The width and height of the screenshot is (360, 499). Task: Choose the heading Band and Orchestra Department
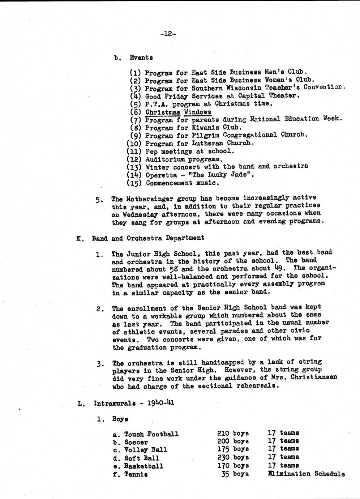pos(147,238)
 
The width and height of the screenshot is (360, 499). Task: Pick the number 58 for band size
pos(173,269)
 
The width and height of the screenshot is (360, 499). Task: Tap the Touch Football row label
pos(151,434)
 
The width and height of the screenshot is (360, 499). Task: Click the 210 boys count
pos(233,433)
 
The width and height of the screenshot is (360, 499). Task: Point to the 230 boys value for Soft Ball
pos(233,457)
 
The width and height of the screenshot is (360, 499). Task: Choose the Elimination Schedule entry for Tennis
pos(306,474)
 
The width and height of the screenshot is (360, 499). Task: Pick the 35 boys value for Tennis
pos(235,474)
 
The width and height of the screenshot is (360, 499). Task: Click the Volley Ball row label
pos(145,450)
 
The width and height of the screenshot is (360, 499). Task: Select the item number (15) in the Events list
pos(134,183)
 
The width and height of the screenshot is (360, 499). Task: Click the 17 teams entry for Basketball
pos(283,465)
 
